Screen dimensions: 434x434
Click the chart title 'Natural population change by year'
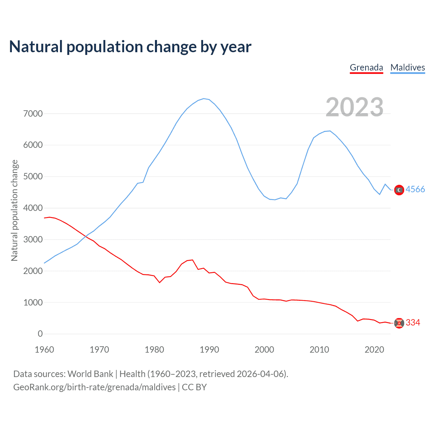tap(130, 47)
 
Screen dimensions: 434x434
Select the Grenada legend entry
tap(366, 67)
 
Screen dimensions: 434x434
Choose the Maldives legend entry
tap(408, 67)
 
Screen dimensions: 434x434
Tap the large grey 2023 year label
tap(354, 107)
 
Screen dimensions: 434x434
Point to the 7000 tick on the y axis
tap(33, 114)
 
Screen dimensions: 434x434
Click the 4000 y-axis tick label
tap(33, 208)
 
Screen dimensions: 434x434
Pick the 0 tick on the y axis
tap(40, 334)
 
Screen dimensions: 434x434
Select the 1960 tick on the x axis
tap(44, 350)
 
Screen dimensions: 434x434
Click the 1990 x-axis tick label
tap(209, 350)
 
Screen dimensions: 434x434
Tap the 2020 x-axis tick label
tap(374, 350)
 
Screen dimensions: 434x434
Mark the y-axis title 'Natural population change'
tap(15, 210)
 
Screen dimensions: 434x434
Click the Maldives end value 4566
tap(415, 189)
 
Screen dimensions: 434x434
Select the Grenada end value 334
tap(413, 322)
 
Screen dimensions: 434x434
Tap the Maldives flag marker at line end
tap(399, 190)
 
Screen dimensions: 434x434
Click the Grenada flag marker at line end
tap(399, 323)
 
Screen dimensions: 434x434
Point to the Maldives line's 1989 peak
tap(204, 99)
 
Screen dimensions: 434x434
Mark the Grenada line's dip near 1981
tap(160, 282)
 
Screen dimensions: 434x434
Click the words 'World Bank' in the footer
tap(90, 374)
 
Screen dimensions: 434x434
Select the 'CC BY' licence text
tap(194, 387)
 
